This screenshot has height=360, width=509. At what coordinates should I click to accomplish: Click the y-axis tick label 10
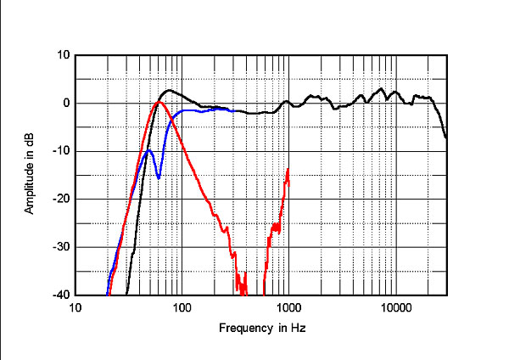tap(63, 55)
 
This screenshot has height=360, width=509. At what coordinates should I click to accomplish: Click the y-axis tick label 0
tap(65, 104)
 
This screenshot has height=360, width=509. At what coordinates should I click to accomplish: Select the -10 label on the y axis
tap(61, 151)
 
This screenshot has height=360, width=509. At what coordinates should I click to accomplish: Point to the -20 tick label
tap(61, 199)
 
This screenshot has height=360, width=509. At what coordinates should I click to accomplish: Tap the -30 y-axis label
tap(61, 247)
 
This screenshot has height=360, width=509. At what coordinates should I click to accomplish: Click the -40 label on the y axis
tap(61, 295)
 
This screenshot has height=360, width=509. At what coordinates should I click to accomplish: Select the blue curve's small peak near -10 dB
tap(149, 150)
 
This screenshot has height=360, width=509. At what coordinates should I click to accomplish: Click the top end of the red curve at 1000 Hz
tap(288, 169)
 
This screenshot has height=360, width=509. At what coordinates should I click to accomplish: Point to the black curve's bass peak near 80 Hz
tap(170, 90)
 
